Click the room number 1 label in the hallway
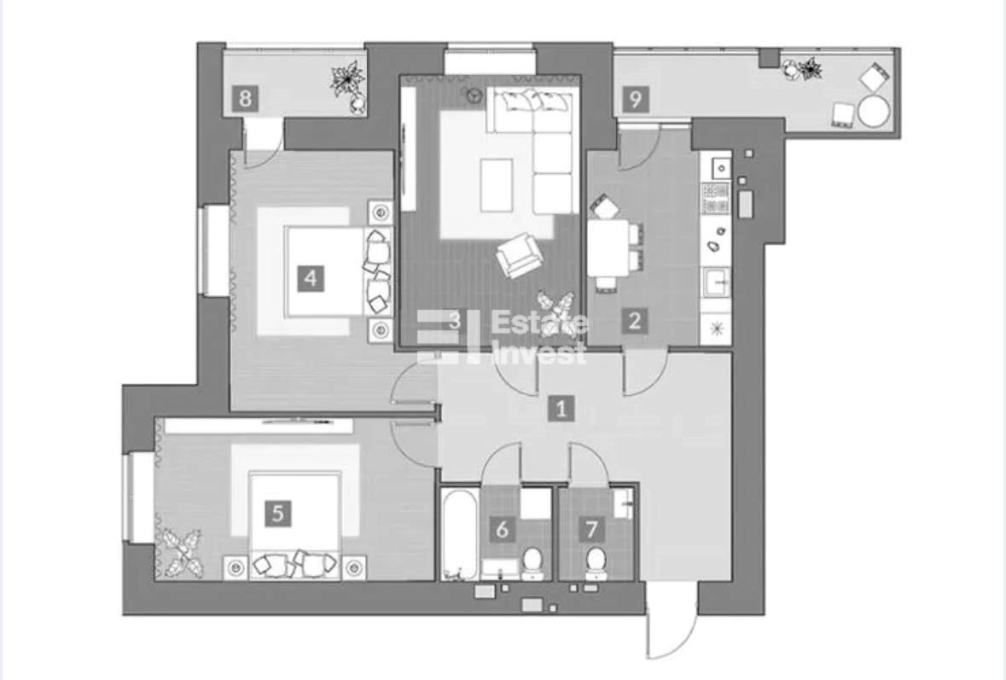tap(561, 408)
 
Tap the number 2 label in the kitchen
tap(635, 320)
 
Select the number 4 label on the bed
tap(311, 278)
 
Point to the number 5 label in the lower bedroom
tap(278, 514)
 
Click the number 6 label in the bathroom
tap(503, 529)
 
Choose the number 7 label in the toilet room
tap(591, 529)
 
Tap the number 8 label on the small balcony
tap(244, 99)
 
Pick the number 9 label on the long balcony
tap(635, 100)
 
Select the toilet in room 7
tap(596, 562)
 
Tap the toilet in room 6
tap(532, 562)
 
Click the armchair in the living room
tap(520, 254)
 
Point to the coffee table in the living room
tap(496, 185)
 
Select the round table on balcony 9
tap(874, 111)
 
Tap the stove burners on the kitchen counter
tap(716, 198)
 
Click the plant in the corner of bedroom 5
tap(180, 552)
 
